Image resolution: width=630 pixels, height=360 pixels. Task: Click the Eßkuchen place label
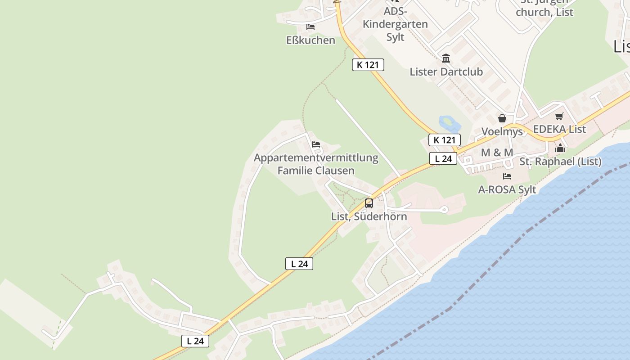click(310, 40)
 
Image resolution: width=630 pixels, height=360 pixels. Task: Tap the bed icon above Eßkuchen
click(310, 27)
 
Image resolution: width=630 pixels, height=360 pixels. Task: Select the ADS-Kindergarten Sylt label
click(395, 24)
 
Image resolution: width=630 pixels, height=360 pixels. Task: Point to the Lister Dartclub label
click(446, 72)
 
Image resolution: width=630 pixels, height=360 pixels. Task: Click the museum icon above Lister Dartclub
click(446, 58)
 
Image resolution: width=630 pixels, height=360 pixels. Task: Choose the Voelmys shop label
click(502, 131)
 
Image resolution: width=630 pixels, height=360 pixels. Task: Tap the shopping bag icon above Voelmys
click(502, 118)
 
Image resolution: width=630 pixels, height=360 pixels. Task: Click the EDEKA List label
click(559, 129)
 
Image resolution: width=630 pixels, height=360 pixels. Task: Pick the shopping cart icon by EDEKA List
click(559, 116)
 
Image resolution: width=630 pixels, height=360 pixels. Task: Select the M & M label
click(497, 153)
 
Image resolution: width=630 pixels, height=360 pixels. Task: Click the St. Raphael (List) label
click(560, 162)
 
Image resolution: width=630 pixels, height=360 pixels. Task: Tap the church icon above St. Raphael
click(560, 148)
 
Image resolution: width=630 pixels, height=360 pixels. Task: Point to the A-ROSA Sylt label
click(507, 189)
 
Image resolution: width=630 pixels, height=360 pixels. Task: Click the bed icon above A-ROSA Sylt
click(507, 176)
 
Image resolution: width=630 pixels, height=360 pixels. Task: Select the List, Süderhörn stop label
click(369, 216)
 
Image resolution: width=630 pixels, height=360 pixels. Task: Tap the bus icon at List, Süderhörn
click(369, 203)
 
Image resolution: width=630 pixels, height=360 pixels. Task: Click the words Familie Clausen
click(316, 171)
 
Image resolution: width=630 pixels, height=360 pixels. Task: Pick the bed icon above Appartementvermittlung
click(316, 144)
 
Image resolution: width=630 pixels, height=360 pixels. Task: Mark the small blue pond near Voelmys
click(446, 121)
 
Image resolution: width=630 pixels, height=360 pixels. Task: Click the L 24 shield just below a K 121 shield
click(443, 158)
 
